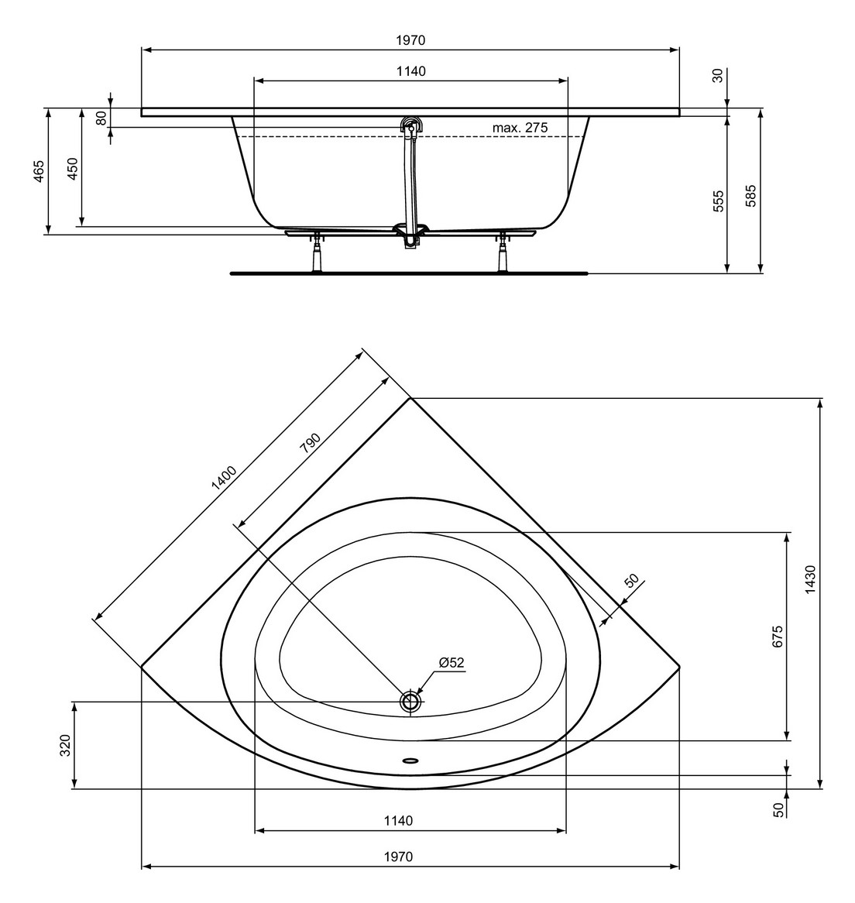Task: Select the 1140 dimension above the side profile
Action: pos(410,71)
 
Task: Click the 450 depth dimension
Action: pos(72,168)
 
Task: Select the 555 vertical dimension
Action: pos(718,201)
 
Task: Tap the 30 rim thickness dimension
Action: pos(717,76)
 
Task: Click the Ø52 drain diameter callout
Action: pos(450,662)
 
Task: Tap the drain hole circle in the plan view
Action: pos(410,702)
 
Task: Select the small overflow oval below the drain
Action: pos(410,759)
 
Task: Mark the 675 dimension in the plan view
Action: pos(778,636)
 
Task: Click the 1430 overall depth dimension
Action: pos(810,579)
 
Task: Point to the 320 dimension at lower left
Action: pos(65,745)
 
